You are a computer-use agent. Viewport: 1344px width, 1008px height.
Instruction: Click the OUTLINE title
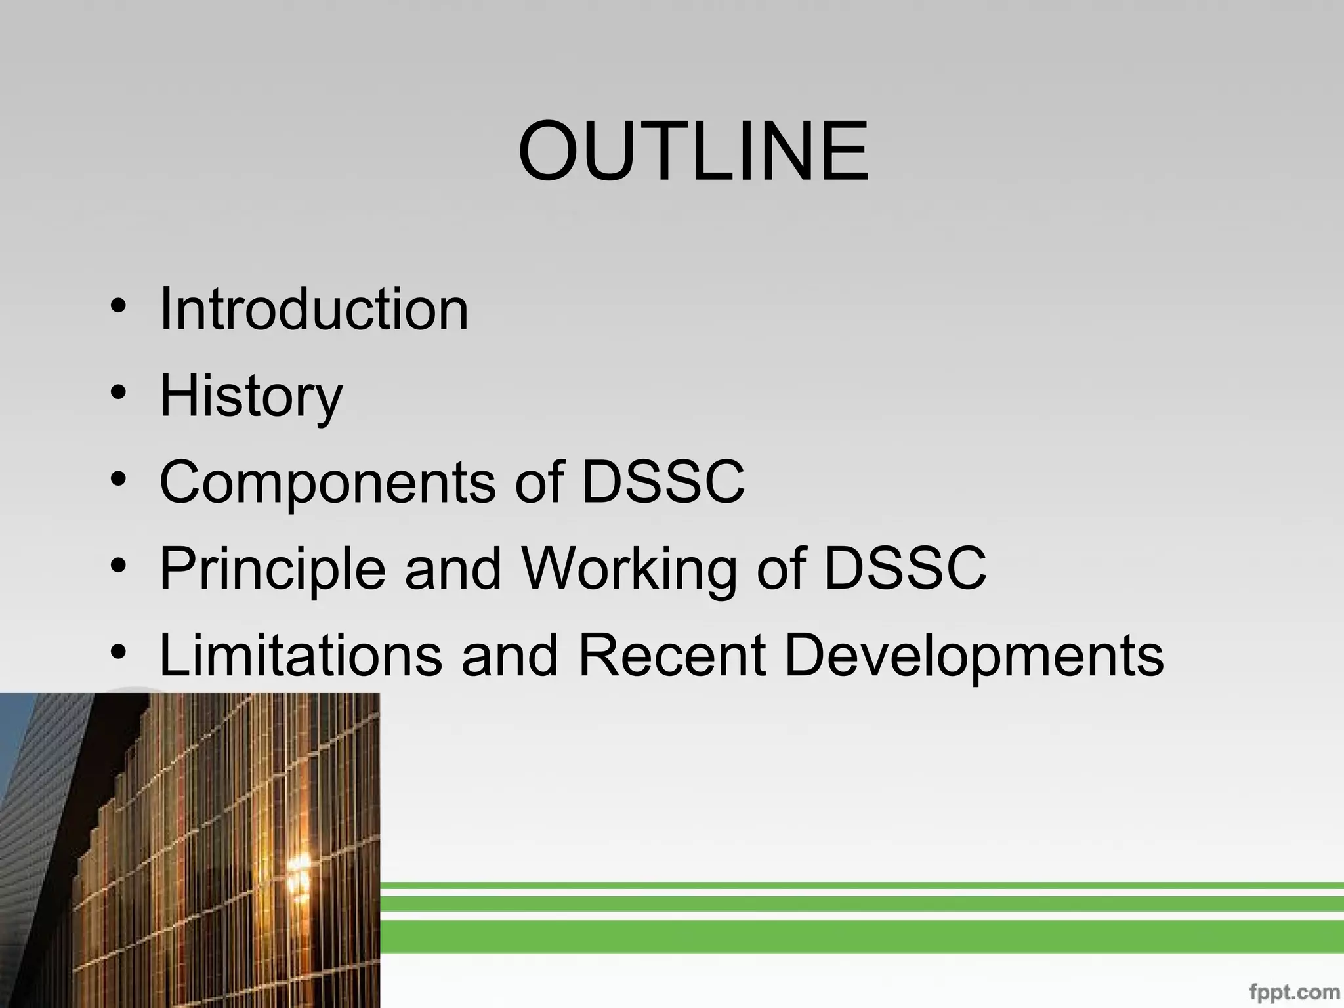tap(693, 152)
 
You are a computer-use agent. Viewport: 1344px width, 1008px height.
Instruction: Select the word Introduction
tap(314, 308)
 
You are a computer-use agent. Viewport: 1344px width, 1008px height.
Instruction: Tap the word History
tap(251, 396)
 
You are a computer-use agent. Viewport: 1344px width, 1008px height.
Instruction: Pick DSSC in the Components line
tap(663, 482)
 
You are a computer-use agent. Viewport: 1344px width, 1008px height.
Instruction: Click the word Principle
tap(272, 570)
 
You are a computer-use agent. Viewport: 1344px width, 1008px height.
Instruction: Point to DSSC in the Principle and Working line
tap(904, 568)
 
